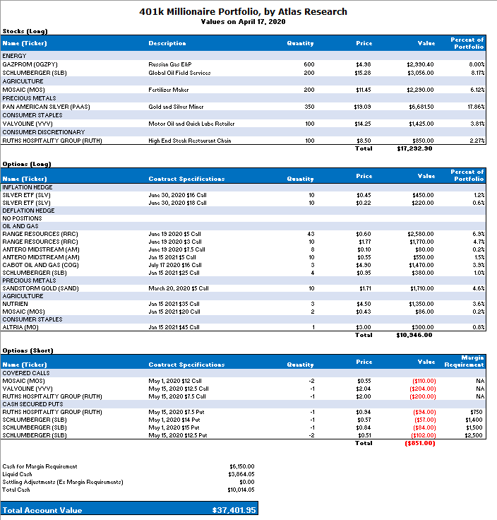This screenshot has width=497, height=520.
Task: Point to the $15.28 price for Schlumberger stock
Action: click(363, 73)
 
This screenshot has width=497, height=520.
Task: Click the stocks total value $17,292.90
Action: click(414, 149)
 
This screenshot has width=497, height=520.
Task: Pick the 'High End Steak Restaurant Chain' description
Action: click(190, 141)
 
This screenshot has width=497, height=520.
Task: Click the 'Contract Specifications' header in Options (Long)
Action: click(186, 179)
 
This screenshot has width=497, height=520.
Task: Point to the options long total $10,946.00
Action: click(414, 335)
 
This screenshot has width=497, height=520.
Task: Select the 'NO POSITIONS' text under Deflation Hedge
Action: click(23, 218)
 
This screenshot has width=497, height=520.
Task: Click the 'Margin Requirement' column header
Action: click(464, 361)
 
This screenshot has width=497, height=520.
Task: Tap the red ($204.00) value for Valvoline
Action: click(424, 388)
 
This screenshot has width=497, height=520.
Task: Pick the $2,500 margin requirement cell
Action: click(474, 435)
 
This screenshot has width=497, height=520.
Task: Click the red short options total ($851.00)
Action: click(419, 443)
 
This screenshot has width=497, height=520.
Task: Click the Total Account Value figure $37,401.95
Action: click(234, 510)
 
